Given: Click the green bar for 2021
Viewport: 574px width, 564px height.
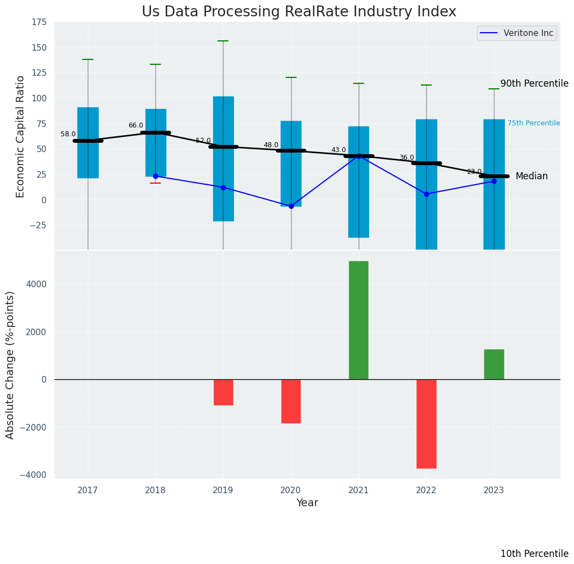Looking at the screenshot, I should (x=359, y=320).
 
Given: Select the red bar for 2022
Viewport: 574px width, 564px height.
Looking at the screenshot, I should (x=426, y=423).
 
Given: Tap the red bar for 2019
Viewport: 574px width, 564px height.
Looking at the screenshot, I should (x=223, y=392).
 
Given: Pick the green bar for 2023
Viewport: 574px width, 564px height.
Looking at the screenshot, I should (x=494, y=364).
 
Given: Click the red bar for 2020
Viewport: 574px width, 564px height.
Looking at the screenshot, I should (x=291, y=401).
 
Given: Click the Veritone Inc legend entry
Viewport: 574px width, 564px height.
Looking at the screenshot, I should (x=517, y=33).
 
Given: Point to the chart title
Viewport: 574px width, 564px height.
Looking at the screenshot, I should (x=299, y=12).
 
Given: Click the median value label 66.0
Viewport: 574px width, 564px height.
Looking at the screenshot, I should (x=136, y=125).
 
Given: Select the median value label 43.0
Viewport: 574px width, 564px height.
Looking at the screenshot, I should (x=339, y=150).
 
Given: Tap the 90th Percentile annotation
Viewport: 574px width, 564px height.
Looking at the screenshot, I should (x=534, y=83).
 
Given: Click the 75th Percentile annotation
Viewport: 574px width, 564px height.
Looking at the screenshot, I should (x=533, y=123).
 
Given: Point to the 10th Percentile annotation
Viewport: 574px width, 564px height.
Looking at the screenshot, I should (x=534, y=554).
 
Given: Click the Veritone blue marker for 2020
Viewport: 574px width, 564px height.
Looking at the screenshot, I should (x=291, y=206).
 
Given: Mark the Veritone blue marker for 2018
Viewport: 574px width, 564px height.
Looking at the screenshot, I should (x=155, y=176).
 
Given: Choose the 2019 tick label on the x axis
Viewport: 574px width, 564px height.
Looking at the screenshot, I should (x=223, y=490).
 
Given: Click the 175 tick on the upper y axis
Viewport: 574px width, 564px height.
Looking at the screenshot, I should (x=39, y=22).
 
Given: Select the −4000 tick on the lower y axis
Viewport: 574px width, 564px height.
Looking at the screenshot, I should (x=33, y=475).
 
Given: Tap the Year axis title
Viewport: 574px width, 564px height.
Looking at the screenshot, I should (x=307, y=503).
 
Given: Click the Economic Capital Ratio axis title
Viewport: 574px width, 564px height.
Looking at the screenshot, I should (x=20, y=136).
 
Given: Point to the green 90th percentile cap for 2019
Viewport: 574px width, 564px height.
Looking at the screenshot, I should (x=223, y=41).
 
